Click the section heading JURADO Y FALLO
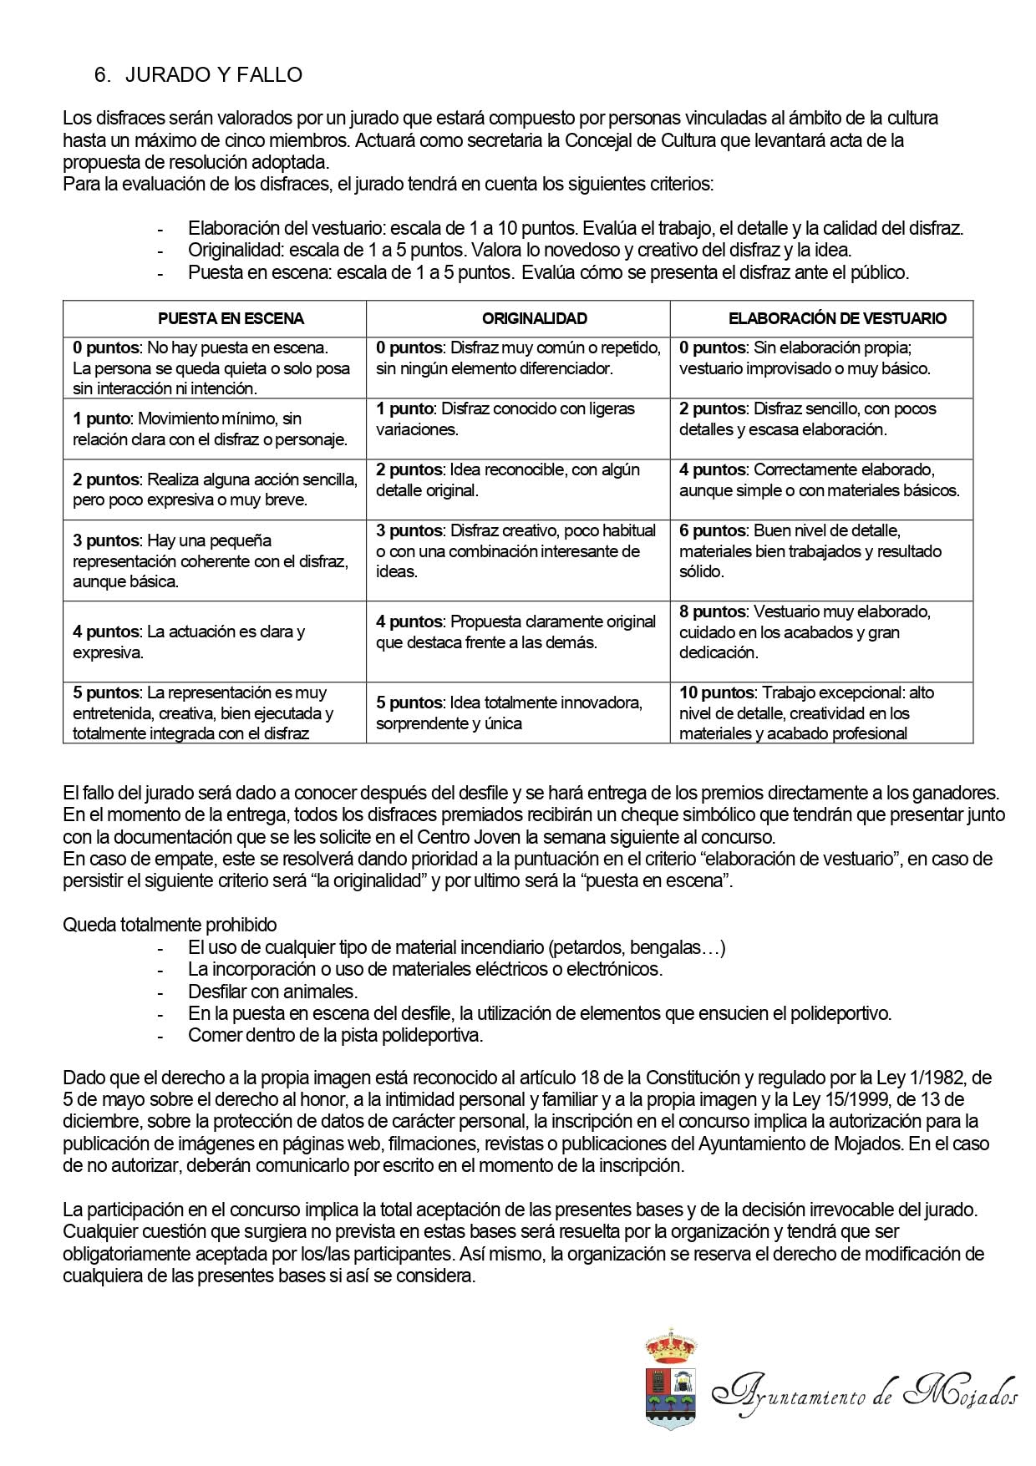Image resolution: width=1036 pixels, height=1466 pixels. tap(213, 75)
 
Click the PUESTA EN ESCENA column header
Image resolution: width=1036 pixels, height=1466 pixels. tap(231, 318)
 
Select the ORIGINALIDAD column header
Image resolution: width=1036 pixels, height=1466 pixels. tap(535, 318)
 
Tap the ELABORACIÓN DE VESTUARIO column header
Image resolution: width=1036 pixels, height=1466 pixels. tap(837, 318)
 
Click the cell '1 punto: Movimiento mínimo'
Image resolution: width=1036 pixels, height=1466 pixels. tap(210, 429)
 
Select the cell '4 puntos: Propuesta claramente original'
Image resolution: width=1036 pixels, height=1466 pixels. tap(515, 632)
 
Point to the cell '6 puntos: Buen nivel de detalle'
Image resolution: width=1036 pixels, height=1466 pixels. tap(810, 551)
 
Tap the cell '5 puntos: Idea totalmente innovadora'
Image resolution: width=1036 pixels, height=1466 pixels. tap(509, 713)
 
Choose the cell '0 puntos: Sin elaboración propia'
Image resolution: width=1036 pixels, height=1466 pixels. tap(805, 358)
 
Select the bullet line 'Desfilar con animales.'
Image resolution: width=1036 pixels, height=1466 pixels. tap(272, 992)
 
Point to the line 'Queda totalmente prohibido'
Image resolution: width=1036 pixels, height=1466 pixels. tap(170, 925)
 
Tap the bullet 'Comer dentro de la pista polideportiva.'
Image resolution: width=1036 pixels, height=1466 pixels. tap(335, 1035)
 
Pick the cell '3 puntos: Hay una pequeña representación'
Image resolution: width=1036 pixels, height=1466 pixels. tap(210, 561)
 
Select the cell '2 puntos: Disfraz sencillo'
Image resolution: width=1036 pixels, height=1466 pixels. tap(807, 418)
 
